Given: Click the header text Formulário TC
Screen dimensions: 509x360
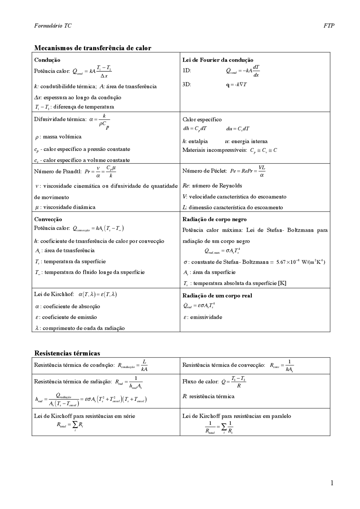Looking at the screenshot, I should (53, 26).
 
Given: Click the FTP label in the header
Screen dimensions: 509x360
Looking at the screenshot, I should (328, 26).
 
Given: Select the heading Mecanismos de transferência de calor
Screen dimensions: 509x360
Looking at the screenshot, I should (93, 48).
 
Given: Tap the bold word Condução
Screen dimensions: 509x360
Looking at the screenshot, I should (47, 60).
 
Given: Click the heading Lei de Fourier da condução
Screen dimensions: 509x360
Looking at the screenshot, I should (218, 60).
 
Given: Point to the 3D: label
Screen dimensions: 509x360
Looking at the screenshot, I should (186, 84).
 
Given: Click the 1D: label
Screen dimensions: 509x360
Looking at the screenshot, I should (186, 71).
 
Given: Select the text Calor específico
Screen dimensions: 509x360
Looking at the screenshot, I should (202, 119).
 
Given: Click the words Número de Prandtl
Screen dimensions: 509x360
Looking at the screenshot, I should (58, 171).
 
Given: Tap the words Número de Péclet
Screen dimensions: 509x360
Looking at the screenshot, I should (204, 171).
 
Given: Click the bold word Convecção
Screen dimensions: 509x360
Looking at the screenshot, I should (48, 219).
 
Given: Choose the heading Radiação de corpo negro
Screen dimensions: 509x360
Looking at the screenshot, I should (214, 219).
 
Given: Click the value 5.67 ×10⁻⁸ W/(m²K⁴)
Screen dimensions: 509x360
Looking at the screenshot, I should (300, 262).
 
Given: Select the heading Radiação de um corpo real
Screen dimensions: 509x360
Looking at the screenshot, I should (217, 295).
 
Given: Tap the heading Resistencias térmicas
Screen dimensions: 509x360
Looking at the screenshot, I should (67, 353).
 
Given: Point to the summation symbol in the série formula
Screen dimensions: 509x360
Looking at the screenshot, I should (75, 425).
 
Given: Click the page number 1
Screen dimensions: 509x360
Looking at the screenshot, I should (332, 483).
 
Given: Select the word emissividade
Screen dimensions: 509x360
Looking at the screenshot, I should (206, 317).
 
